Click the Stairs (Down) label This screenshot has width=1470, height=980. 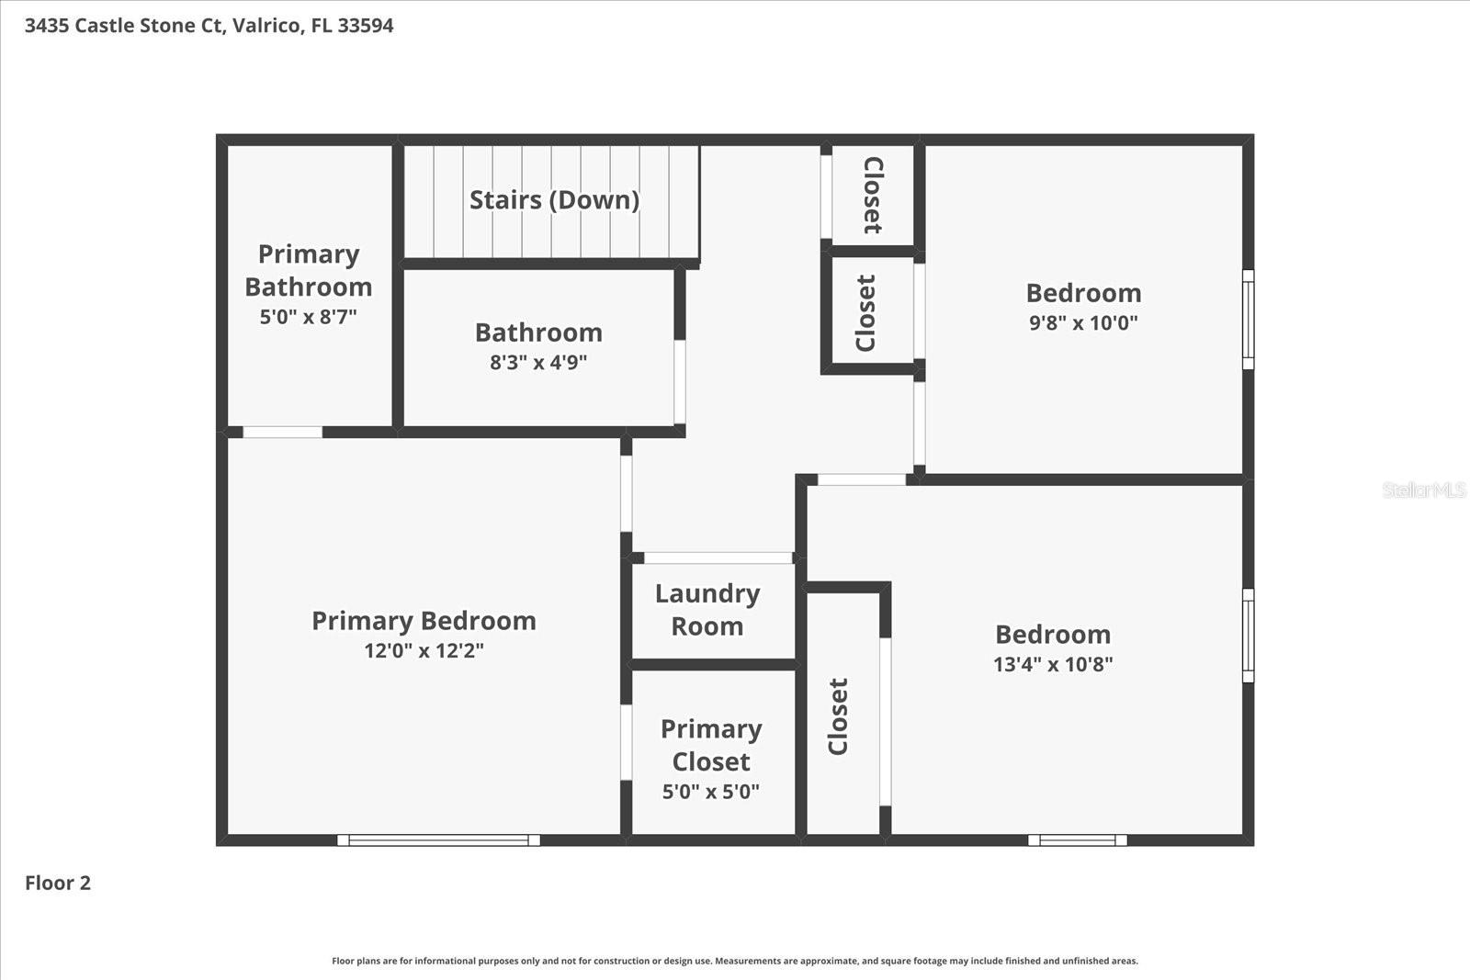click(554, 199)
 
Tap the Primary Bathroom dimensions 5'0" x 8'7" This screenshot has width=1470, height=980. click(308, 317)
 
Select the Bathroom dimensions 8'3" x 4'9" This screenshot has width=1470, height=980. click(538, 362)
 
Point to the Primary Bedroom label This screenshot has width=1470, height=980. click(424, 621)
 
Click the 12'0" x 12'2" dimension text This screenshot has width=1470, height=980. click(424, 650)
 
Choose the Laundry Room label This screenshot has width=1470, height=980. click(707, 610)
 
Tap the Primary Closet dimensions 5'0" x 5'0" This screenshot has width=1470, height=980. click(711, 792)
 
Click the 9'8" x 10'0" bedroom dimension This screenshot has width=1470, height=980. click(1083, 322)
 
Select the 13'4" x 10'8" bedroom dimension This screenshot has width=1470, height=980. click(1053, 664)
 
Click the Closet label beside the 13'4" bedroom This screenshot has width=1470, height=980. click(838, 716)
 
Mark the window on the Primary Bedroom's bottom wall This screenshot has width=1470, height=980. click(438, 839)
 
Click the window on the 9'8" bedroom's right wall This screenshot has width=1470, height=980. click(1248, 319)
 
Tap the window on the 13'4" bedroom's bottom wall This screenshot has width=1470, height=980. click(1077, 839)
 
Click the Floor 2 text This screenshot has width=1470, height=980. click(58, 883)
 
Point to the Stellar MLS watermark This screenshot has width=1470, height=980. click(1423, 490)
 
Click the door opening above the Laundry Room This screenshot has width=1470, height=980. click(718, 558)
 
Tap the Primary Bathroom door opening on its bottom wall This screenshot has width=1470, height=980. click(282, 432)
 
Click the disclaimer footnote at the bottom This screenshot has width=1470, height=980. click(734, 961)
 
